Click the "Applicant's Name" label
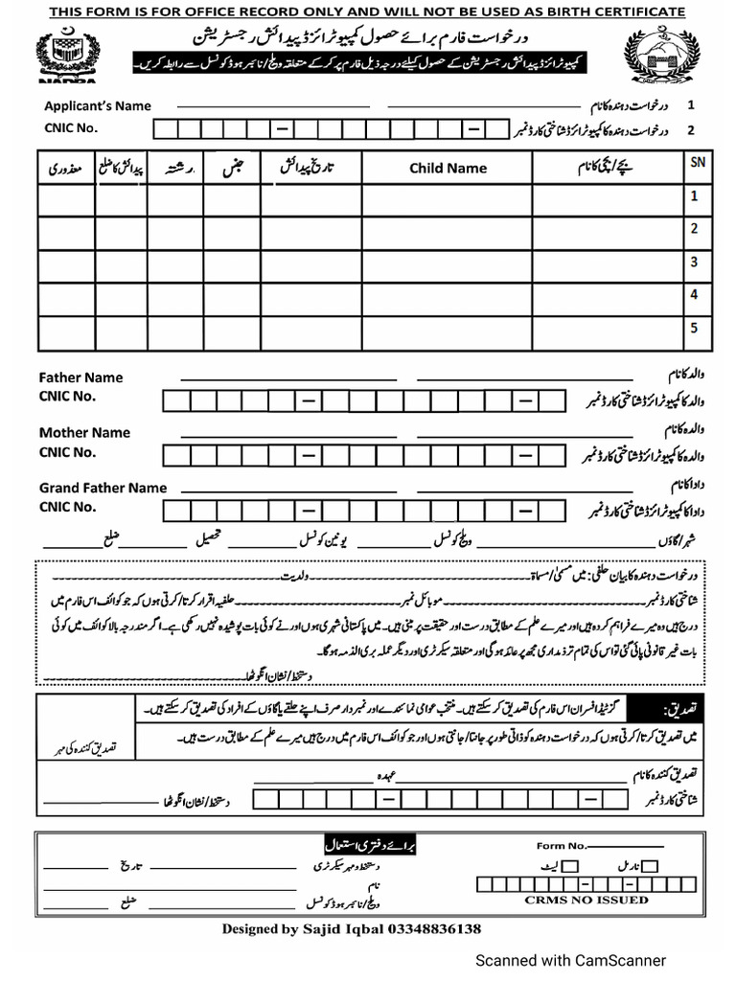click(97, 106)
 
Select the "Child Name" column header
click(448, 168)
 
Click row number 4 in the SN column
click(692, 294)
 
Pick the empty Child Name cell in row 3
click(448, 262)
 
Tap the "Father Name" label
click(80, 377)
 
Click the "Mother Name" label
click(84, 432)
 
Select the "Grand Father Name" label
click(103, 488)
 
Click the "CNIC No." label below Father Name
click(67, 396)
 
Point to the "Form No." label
click(561, 845)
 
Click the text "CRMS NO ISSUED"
click(586, 900)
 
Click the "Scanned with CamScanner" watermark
click(572, 960)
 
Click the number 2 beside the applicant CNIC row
click(690, 127)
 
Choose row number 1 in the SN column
click(692, 196)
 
